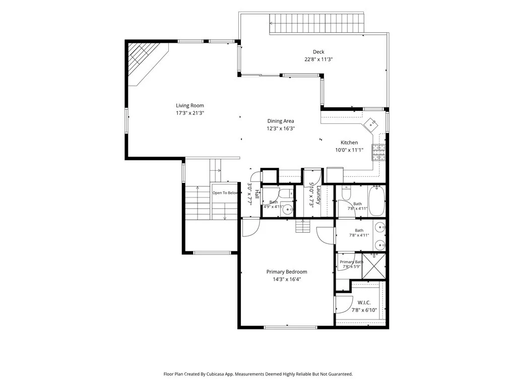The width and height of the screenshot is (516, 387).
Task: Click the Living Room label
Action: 190,106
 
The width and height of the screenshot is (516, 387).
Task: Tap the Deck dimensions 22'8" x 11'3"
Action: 318,59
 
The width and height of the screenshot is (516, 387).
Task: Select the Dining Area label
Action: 281,121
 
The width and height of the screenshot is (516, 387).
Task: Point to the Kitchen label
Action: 349,143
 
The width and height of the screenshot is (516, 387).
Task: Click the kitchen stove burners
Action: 378,152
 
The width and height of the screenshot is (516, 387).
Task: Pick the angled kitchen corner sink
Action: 372,124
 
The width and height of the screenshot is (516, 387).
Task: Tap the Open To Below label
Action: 225,193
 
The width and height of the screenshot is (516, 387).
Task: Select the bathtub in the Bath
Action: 376,201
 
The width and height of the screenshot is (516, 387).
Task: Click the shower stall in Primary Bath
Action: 374,266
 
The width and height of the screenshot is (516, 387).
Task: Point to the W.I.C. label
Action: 364,302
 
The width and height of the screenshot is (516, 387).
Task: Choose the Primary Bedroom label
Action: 287,272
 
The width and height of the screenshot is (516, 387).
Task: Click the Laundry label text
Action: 318,196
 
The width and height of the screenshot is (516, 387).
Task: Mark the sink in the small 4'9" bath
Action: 288,209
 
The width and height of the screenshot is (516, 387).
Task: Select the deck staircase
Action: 316,23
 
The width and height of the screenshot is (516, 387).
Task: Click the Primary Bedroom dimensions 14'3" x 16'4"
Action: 287,280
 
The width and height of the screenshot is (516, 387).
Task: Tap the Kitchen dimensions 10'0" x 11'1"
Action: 349,150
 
